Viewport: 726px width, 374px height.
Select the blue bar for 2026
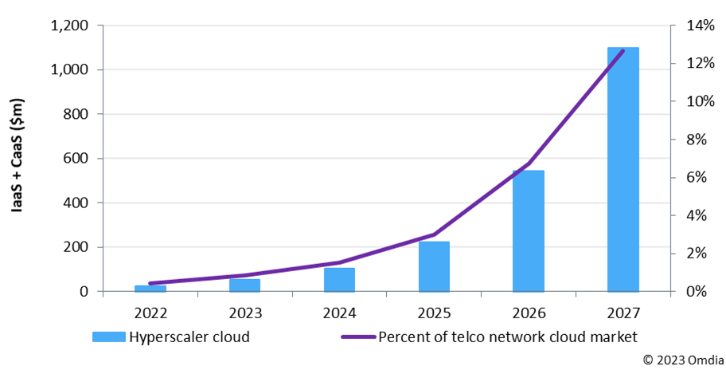pyautogui.click(x=529, y=230)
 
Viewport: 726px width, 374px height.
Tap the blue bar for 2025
pyautogui.click(x=434, y=266)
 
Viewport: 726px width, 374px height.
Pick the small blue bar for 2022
pyautogui.click(x=150, y=288)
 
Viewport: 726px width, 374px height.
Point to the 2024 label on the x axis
pyautogui.click(x=339, y=311)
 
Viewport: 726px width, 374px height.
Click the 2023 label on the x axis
pyautogui.click(x=244, y=311)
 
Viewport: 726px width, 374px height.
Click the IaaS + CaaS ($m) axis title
pyautogui.click(x=18, y=159)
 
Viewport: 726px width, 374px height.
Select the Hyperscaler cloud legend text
pyautogui.click(x=189, y=337)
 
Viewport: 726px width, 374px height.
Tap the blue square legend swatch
pyautogui.click(x=108, y=337)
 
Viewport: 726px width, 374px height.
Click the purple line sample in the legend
pyautogui.click(x=357, y=337)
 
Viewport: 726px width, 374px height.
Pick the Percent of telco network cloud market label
pyautogui.click(x=508, y=337)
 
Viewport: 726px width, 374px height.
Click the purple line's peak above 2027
pyautogui.click(x=623, y=51)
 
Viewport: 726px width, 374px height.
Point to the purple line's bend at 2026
pyautogui.click(x=529, y=163)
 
